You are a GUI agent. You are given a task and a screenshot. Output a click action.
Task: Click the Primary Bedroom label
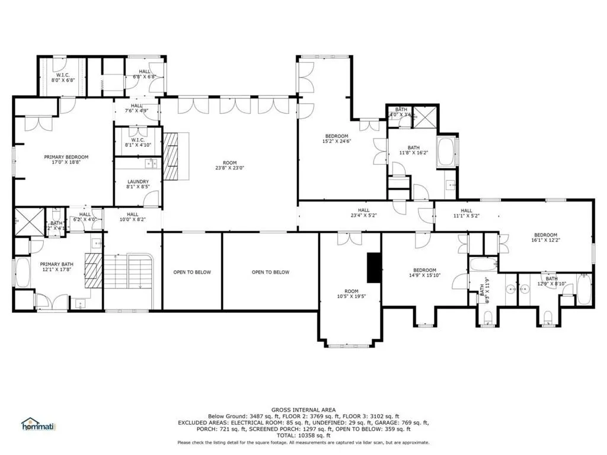(66, 157)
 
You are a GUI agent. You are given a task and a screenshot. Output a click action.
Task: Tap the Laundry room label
(138, 182)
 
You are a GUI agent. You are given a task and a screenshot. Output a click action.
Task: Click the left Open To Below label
(191, 273)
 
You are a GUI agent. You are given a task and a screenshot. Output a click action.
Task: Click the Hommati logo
(37, 424)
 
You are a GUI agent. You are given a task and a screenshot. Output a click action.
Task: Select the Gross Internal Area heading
(303, 410)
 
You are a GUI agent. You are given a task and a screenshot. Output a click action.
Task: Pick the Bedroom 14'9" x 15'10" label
(424, 270)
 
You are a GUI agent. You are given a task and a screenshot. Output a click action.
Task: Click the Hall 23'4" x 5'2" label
(363, 210)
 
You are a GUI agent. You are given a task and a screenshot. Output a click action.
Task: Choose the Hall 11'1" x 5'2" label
(467, 210)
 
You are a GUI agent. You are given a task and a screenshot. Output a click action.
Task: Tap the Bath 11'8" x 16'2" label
(413, 148)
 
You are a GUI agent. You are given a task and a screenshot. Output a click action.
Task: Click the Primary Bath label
(56, 265)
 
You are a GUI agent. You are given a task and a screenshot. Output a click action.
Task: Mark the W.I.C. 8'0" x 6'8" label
(63, 75)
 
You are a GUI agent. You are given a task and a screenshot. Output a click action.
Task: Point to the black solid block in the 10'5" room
(374, 268)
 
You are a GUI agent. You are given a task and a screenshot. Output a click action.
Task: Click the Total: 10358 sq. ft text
(303, 435)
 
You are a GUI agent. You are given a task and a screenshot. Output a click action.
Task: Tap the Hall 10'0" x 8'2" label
(132, 214)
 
